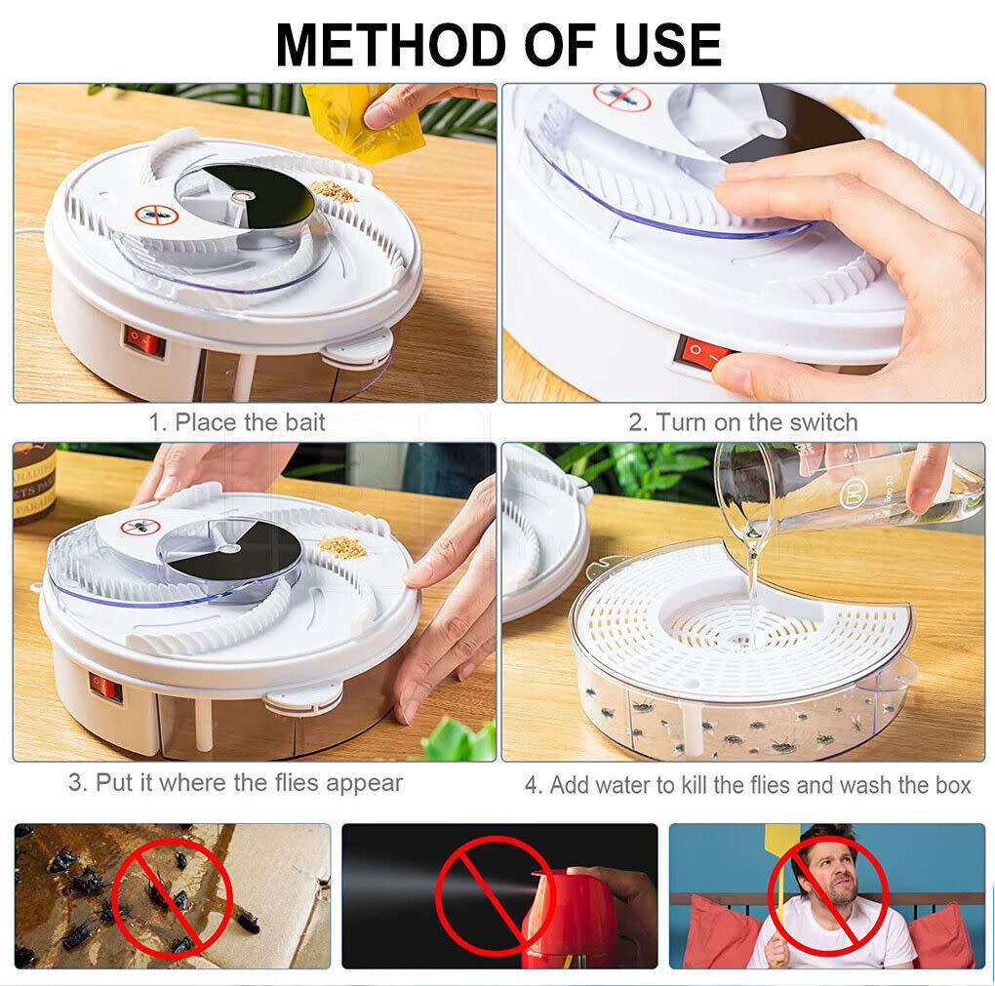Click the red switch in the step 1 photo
(x=144, y=341)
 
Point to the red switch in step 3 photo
(x=105, y=688)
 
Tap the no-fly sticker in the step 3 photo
(x=139, y=527)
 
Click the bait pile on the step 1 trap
(x=333, y=190)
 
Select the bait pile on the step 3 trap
(x=342, y=546)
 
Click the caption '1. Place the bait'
(x=236, y=422)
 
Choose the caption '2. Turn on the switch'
(x=742, y=422)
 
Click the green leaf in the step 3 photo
(x=459, y=740)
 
